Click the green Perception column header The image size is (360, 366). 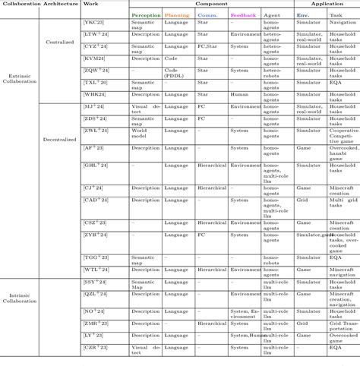pyautogui.click(x=145, y=14)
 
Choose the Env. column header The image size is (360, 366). pyautogui.click(x=302, y=14)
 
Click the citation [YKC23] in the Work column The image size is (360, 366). pyautogui.click(x=94, y=24)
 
